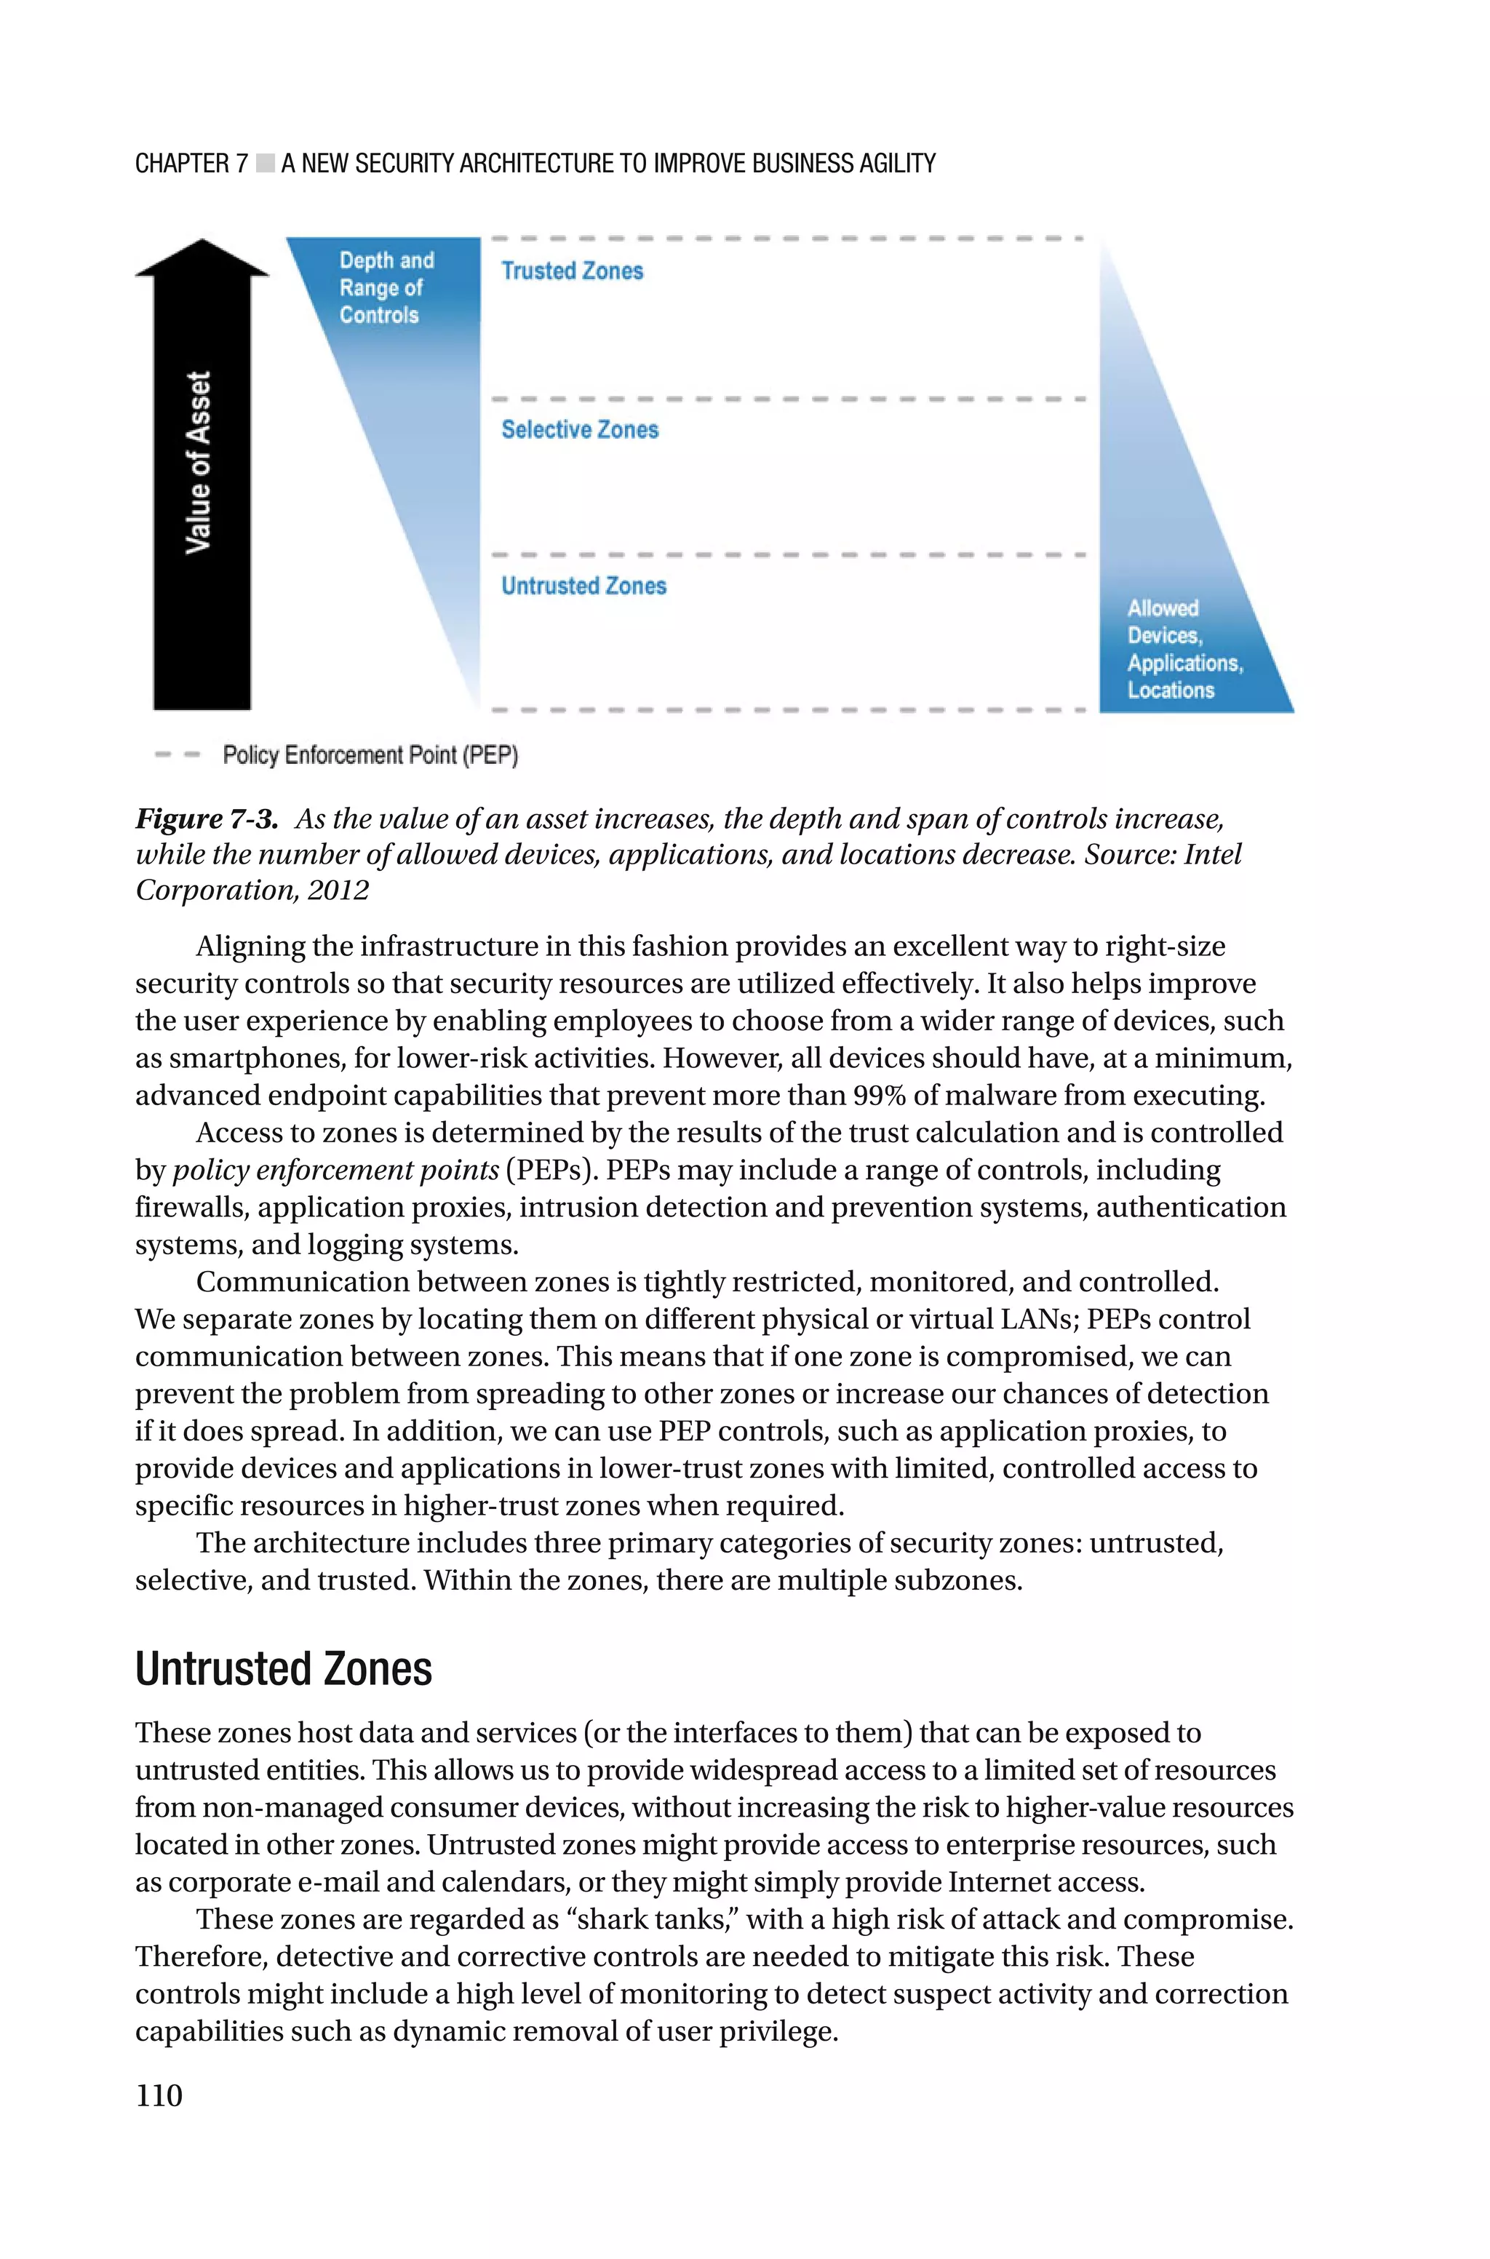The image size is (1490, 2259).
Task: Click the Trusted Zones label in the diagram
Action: (x=572, y=271)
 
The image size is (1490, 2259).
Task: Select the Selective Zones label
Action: (x=580, y=430)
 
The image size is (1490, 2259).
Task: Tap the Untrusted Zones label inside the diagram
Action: (x=583, y=586)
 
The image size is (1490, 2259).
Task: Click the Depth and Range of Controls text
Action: (x=386, y=288)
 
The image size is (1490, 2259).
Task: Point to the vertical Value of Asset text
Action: (x=199, y=463)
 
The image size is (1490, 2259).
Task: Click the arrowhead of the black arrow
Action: (x=202, y=258)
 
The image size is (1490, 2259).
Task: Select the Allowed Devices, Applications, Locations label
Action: (x=1183, y=649)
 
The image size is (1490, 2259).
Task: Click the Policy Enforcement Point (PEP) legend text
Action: (x=370, y=755)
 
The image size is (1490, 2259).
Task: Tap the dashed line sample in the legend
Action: (x=178, y=755)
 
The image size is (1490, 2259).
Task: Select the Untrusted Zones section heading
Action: (x=283, y=1669)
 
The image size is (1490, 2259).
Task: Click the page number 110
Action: (x=159, y=2095)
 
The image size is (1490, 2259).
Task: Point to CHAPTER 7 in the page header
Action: (x=191, y=164)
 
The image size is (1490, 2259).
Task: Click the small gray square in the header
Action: (x=264, y=164)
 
